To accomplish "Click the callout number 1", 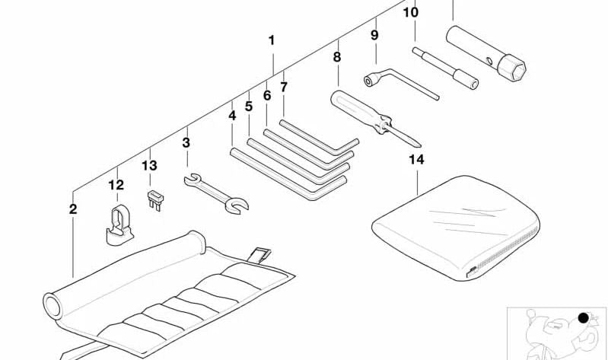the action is (272, 40).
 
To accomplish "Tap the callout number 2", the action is (73, 209).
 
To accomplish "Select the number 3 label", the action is (186, 143).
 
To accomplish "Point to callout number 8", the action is (337, 57).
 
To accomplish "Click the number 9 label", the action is (374, 35).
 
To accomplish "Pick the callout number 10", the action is (411, 12).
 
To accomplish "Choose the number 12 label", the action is (116, 185).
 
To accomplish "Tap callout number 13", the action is (149, 166).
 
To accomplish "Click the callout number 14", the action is (416, 159).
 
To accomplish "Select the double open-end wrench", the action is (216, 193).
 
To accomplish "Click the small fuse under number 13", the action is (155, 200).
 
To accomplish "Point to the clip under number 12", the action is (119, 226).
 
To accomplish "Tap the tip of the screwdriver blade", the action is (420, 146).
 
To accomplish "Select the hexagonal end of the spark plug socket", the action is (511, 68).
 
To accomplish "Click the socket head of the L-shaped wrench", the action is (370, 80).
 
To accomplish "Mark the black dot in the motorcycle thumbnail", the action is (583, 318).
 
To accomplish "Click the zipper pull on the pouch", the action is (471, 270).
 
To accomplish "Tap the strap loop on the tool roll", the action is (259, 255).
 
